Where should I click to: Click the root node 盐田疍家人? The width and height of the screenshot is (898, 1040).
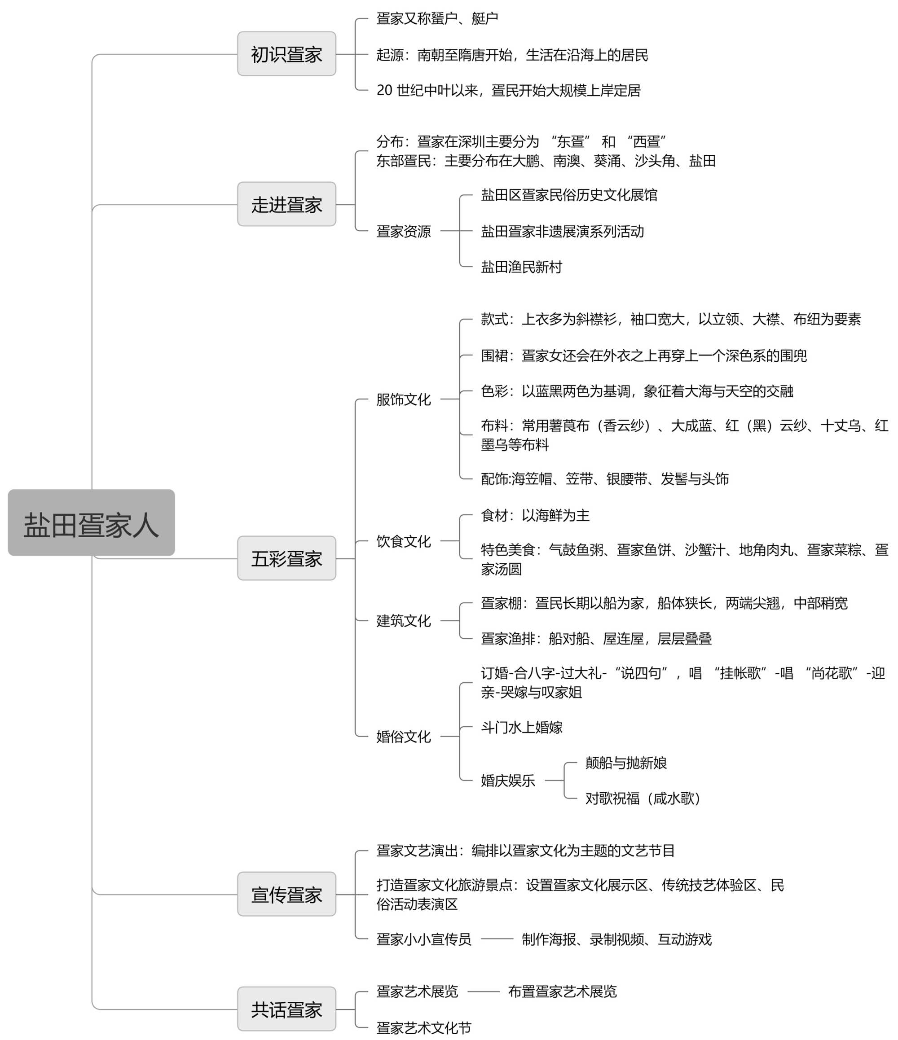[91, 522]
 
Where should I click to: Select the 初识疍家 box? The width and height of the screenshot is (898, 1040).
[286, 54]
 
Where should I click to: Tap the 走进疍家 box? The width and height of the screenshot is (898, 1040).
[286, 204]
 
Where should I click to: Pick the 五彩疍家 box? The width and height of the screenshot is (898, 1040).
[286, 558]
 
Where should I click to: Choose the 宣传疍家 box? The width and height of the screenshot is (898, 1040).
[286, 895]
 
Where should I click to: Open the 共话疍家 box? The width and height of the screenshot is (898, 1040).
[286, 1009]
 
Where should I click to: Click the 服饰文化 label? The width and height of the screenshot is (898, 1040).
[403, 399]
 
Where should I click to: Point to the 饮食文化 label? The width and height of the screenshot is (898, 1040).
[403, 541]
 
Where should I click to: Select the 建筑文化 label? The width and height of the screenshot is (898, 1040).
[403, 621]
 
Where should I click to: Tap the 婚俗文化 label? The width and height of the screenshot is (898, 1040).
[403, 737]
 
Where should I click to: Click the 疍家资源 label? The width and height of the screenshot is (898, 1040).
[403, 232]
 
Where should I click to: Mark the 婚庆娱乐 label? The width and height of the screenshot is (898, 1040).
[507, 781]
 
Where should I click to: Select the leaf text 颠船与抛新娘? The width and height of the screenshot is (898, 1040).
[625, 763]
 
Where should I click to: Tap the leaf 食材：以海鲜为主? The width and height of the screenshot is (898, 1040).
[535, 515]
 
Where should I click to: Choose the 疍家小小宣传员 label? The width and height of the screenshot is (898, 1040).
[424, 939]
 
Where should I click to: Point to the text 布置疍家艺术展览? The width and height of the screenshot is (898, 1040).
[562, 992]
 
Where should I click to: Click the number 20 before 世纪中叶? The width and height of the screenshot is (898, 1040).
[384, 90]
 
